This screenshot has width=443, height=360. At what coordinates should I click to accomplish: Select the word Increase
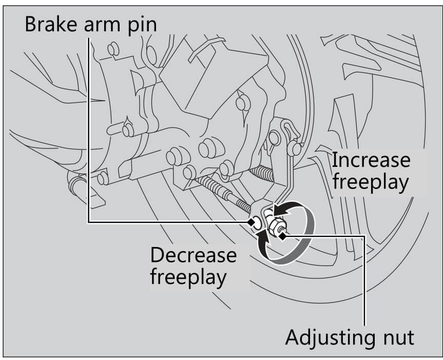371,161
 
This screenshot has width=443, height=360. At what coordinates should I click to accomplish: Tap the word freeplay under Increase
371,182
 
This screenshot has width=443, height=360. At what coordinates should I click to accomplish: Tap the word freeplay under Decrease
188,278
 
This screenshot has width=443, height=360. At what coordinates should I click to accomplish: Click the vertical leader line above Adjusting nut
364,277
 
